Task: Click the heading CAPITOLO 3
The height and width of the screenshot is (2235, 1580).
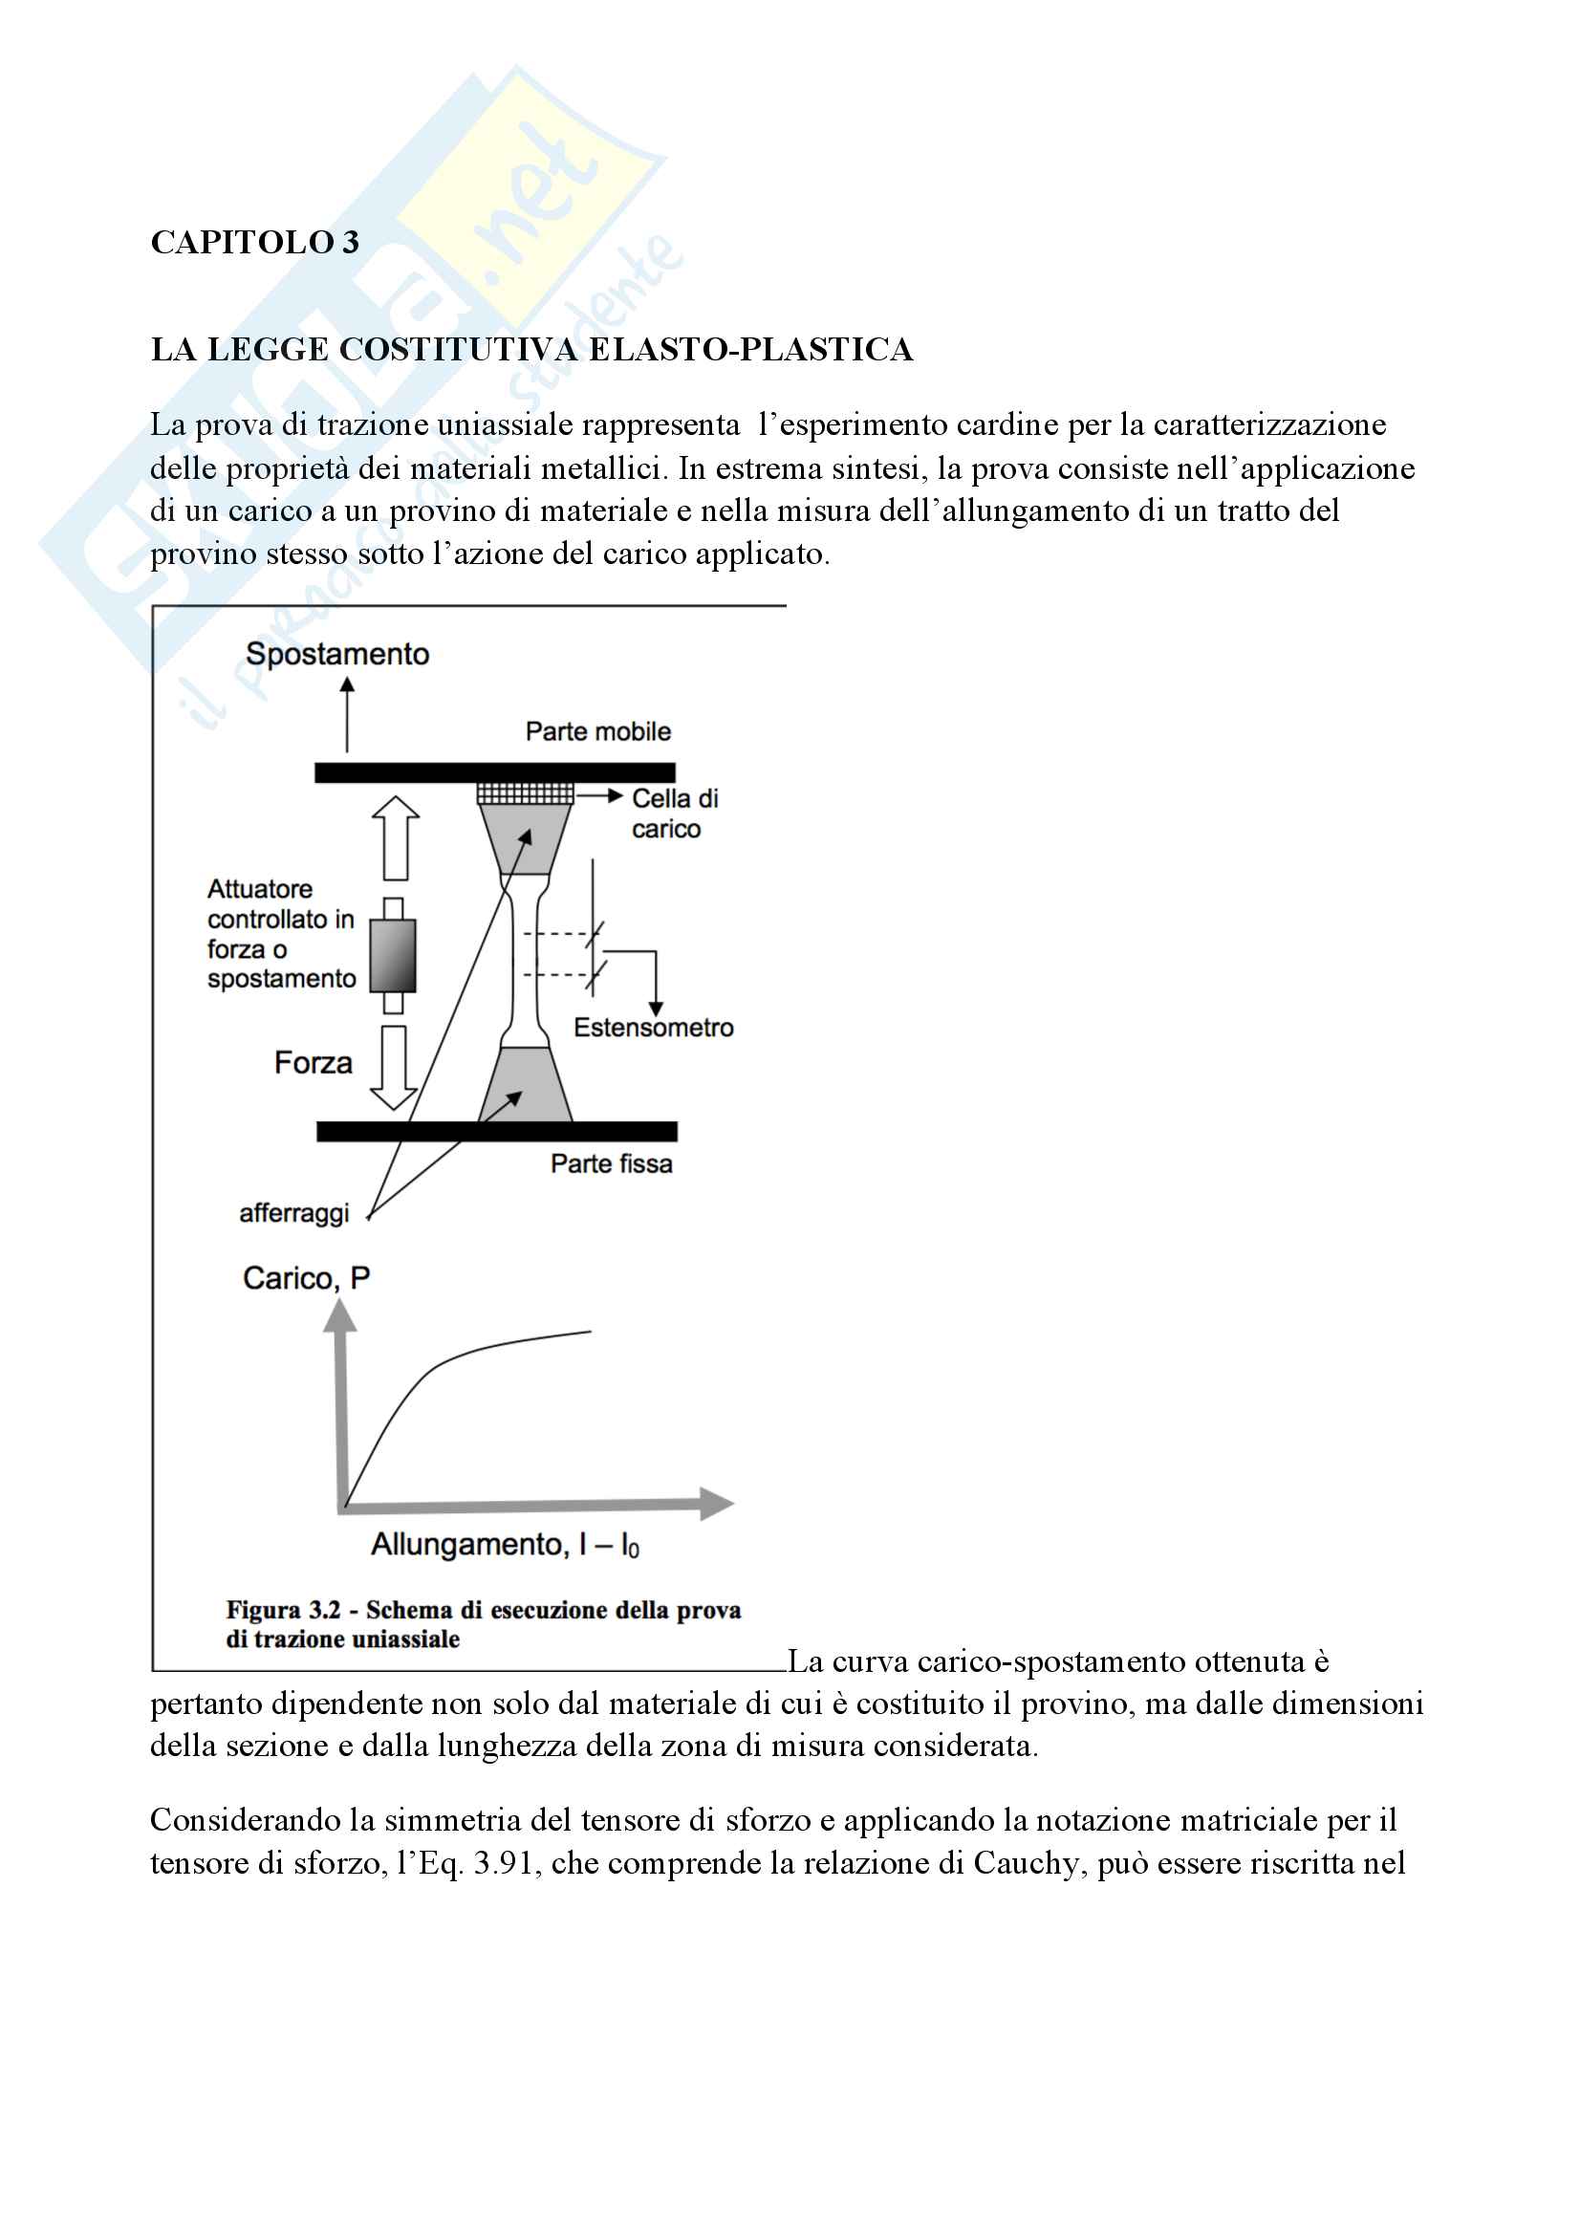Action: pos(255,243)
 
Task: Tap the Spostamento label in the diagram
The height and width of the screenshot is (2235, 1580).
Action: pos(336,654)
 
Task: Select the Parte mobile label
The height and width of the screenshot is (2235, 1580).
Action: pos(597,731)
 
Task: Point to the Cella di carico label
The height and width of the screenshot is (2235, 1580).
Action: pos(674,813)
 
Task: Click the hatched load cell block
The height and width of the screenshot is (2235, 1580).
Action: pos(525,793)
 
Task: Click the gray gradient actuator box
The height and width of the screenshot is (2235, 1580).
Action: pos(393,955)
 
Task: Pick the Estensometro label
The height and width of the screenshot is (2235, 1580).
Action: pos(653,1028)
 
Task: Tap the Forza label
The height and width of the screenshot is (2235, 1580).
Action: pos(313,1062)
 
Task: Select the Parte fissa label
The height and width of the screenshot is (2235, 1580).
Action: pos(612,1163)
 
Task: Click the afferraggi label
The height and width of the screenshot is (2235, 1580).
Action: pos(294,1213)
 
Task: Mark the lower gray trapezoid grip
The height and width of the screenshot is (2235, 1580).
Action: pos(525,1084)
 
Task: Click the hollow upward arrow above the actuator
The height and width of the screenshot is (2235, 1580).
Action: pos(396,837)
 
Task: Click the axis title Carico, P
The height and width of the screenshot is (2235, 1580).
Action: pos(306,1278)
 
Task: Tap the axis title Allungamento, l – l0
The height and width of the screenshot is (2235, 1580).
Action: pos(505,1545)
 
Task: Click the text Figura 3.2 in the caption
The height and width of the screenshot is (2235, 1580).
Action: pos(283,1610)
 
